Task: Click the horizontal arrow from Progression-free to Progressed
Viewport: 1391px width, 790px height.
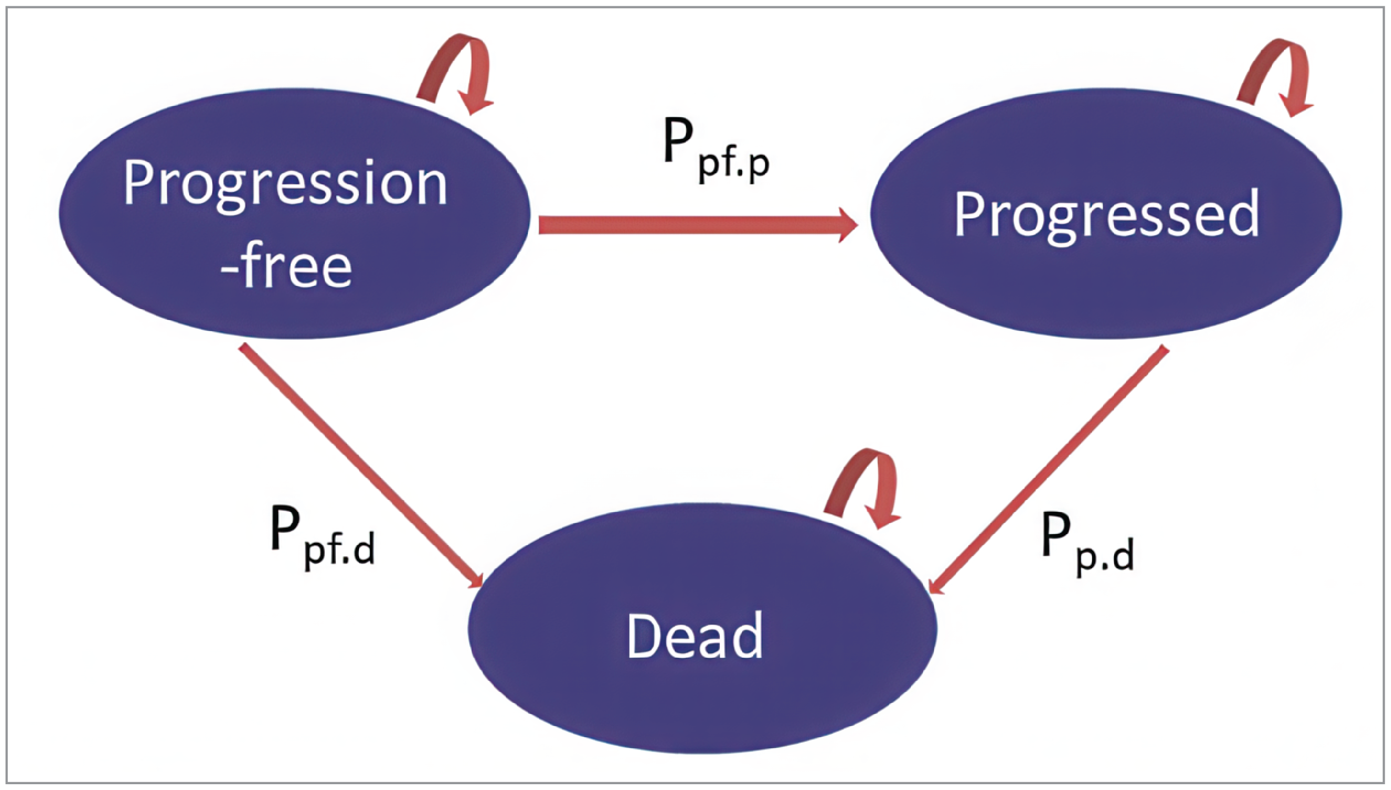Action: click(x=694, y=225)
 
